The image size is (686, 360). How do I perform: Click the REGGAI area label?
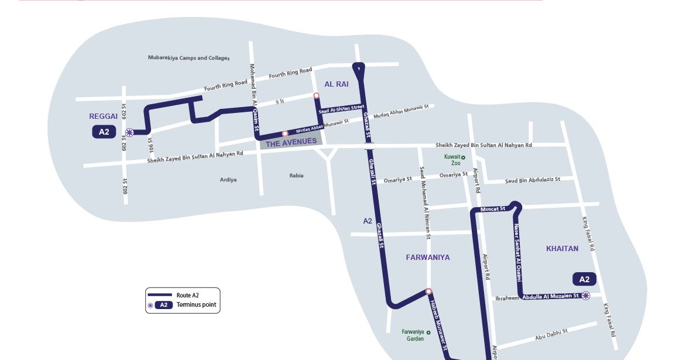[x=104, y=116]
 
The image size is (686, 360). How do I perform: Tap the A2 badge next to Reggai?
[x=104, y=132]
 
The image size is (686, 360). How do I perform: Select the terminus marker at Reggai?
[x=129, y=132]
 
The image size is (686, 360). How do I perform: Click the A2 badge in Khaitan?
[x=584, y=279]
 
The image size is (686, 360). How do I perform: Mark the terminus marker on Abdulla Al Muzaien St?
[x=585, y=296]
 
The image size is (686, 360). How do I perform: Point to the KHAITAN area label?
[x=562, y=249]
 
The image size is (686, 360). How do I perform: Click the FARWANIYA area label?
[x=428, y=258]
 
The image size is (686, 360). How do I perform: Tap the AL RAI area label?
[x=337, y=84]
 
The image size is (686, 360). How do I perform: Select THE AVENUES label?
[x=291, y=142]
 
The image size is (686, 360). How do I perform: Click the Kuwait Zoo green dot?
[x=463, y=157]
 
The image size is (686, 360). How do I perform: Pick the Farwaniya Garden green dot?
[x=428, y=332]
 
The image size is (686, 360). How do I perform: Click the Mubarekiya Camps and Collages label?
[x=188, y=58]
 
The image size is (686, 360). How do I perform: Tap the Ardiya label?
[x=228, y=180]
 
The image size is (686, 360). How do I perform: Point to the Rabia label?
[x=297, y=176]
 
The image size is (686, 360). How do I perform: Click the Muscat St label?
[x=492, y=209]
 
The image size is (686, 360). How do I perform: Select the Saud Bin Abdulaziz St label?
[x=533, y=180]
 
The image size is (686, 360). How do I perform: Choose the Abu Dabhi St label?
[x=551, y=335]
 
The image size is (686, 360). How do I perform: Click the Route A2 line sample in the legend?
[x=159, y=295]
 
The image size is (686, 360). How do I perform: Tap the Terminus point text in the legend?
[x=197, y=305]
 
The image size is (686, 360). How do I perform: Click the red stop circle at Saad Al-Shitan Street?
[x=316, y=95]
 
